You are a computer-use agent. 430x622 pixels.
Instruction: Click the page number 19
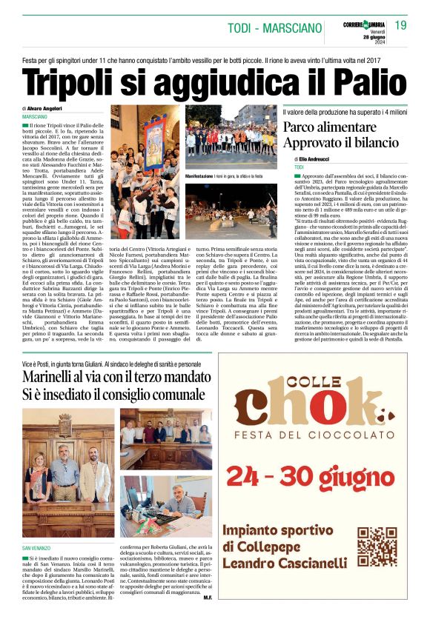coord(400,26)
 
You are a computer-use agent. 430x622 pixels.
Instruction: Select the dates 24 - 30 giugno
coord(320,475)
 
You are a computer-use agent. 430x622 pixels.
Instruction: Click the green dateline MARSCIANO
coord(35,117)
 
